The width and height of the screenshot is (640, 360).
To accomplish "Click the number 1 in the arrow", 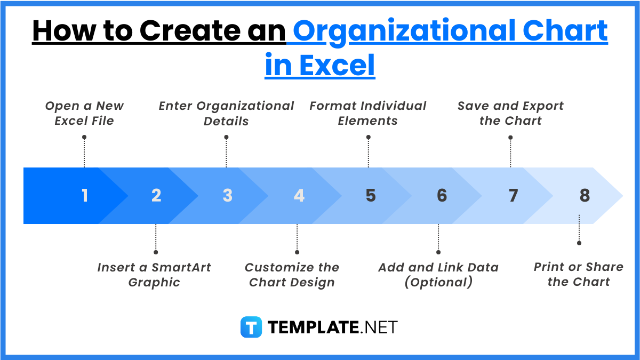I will [x=85, y=196].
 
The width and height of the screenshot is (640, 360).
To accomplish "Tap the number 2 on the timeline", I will [x=156, y=196].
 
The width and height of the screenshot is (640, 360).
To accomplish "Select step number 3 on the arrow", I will [x=228, y=196].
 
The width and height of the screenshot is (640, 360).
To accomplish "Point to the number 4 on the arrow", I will [x=299, y=196].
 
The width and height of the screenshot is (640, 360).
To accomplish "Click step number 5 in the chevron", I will [x=371, y=196].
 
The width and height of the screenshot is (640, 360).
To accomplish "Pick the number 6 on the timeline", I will [x=442, y=196].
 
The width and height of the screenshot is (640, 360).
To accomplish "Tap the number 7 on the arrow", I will [x=513, y=196].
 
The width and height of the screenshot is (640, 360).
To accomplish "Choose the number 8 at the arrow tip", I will [x=585, y=196].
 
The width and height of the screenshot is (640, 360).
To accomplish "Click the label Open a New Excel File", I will [x=84, y=114].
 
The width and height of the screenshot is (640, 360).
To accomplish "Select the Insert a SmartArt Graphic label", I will [x=154, y=275].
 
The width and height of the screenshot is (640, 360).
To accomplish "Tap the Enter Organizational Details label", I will [x=226, y=114].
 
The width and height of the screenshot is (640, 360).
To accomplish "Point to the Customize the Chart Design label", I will [x=292, y=275].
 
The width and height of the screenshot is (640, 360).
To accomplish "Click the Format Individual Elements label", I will [x=368, y=114].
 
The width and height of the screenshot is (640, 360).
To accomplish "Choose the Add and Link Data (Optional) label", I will [x=438, y=275].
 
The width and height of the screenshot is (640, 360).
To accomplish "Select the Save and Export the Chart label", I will [x=510, y=114].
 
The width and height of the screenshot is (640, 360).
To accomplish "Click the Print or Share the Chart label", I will [x=579, y=275].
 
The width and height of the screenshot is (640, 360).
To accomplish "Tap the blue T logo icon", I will [x=251, y=327].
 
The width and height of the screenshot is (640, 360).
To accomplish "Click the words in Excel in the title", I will [x=320, y=66].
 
